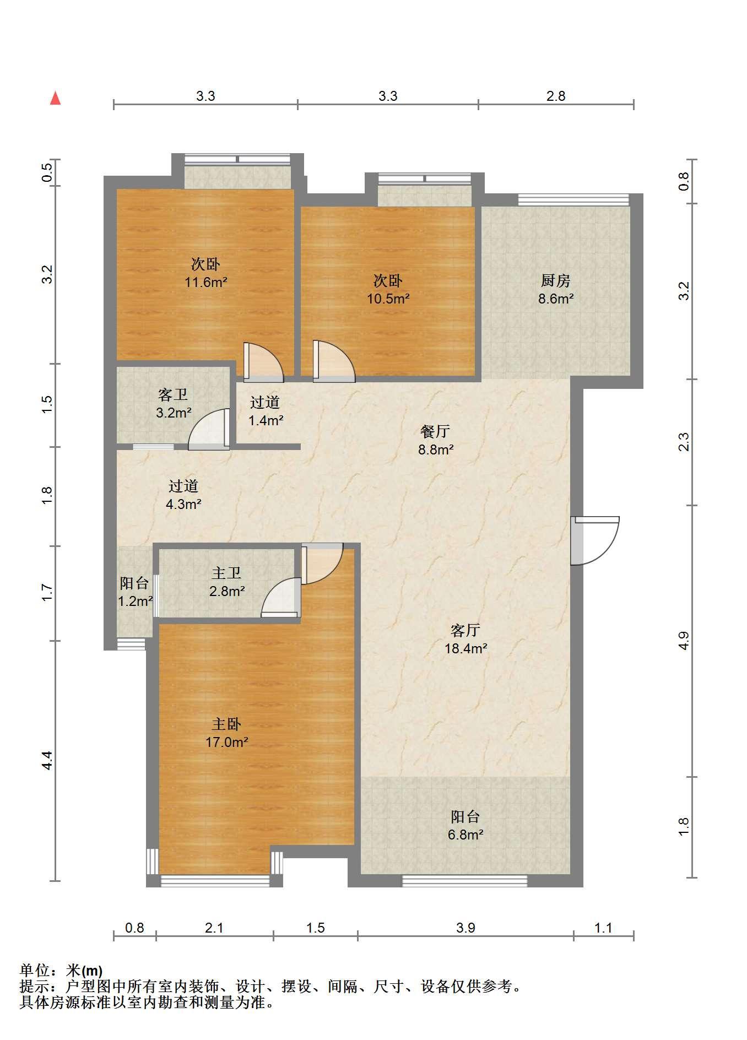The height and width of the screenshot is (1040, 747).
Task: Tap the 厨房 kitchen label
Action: tap(555, 281)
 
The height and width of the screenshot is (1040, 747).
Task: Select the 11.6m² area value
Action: tap(206, 283)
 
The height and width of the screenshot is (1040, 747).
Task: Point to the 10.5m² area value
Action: tap(388, 299)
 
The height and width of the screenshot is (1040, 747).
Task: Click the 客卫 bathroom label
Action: tap(173, 394)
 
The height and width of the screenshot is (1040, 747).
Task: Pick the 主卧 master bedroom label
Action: tap(226, 724)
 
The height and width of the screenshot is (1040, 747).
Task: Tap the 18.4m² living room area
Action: tap(466, 648)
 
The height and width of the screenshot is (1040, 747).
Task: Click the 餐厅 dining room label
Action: tap(435, 431)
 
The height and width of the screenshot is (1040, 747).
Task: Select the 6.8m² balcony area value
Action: tap(465, 835)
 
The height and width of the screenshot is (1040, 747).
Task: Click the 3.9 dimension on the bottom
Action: tap(465, 928)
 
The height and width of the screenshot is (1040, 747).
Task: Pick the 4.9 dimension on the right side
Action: tap(684, 641)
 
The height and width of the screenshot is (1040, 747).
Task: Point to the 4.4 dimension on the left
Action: tap(47, 760)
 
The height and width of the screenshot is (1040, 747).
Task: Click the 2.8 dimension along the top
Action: tap(556, 96)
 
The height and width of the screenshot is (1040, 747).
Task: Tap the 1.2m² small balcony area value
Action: tap(136, 602)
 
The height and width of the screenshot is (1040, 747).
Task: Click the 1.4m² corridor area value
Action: tap(266, 421)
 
